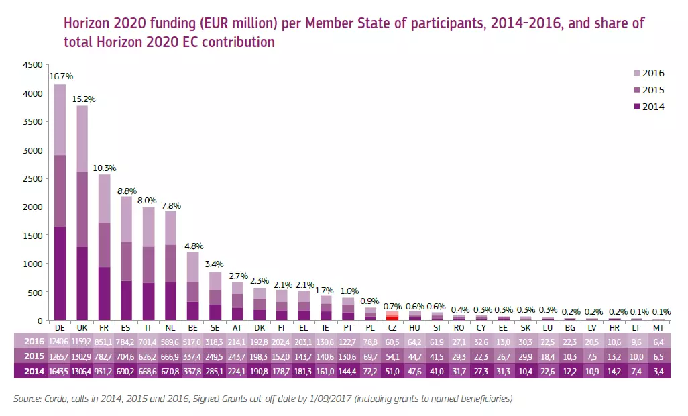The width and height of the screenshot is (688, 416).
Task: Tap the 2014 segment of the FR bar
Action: tap(104, 293)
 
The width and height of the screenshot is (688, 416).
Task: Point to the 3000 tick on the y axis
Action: tap(32, 150)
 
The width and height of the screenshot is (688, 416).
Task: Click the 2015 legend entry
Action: tap(653, 90)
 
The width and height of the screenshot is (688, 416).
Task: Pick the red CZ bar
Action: tap(392, 315)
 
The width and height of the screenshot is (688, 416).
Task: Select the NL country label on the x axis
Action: tap(170, 328)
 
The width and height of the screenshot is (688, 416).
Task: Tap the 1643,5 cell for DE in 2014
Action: tap(60, 371)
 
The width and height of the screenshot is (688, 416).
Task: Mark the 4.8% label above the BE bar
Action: tap(192, 246)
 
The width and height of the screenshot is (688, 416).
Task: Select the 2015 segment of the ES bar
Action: tap(126, 261)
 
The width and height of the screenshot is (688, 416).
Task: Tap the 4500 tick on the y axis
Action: tap(32, 65)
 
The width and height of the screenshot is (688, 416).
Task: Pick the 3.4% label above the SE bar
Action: tap(215, 265)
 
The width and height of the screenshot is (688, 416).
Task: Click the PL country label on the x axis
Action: tap(369, 328)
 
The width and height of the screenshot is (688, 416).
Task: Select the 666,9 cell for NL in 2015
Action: tap(170, 356)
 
